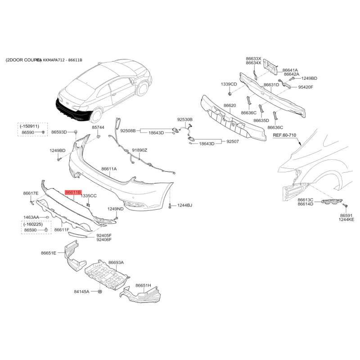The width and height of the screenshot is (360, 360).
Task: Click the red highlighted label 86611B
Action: click(73, 193)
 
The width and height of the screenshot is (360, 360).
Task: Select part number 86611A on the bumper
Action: click(109, 169)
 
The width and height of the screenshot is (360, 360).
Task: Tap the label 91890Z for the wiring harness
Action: click(139, 150)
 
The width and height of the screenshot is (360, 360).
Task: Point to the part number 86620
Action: click(229, 105)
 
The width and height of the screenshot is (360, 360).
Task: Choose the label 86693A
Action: click(116, 262)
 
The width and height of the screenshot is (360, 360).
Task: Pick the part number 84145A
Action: click(81, 292)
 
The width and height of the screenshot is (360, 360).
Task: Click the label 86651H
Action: click(144, 285)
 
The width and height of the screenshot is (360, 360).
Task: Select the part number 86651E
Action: click(49, 253)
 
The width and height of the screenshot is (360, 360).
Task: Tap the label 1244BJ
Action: click(184, 205)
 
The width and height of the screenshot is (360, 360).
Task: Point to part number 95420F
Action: click(310, 87)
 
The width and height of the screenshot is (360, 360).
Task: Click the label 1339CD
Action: click(229, 84)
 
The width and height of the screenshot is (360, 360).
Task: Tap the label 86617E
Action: click(31, 193)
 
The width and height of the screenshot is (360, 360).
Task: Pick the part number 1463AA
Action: click(31, 217)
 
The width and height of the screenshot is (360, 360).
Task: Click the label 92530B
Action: click(184, 120)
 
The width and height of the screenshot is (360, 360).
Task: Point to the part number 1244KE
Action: click(347, 220)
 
